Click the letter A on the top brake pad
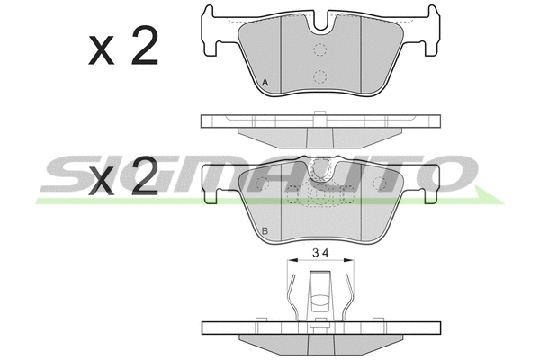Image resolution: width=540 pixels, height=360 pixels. [x=265, y=84]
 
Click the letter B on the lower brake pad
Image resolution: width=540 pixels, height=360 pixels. [x=265, y=232]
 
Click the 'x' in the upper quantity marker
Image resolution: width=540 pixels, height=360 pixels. [x=102, y=52]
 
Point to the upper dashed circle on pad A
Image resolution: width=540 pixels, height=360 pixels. [x=319, y=49]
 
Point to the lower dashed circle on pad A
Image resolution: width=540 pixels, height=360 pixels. [x=319, y=76]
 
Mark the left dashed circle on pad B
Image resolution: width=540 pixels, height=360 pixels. [x=263, y=184]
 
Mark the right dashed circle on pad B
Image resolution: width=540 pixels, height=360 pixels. [x=379, y=184]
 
